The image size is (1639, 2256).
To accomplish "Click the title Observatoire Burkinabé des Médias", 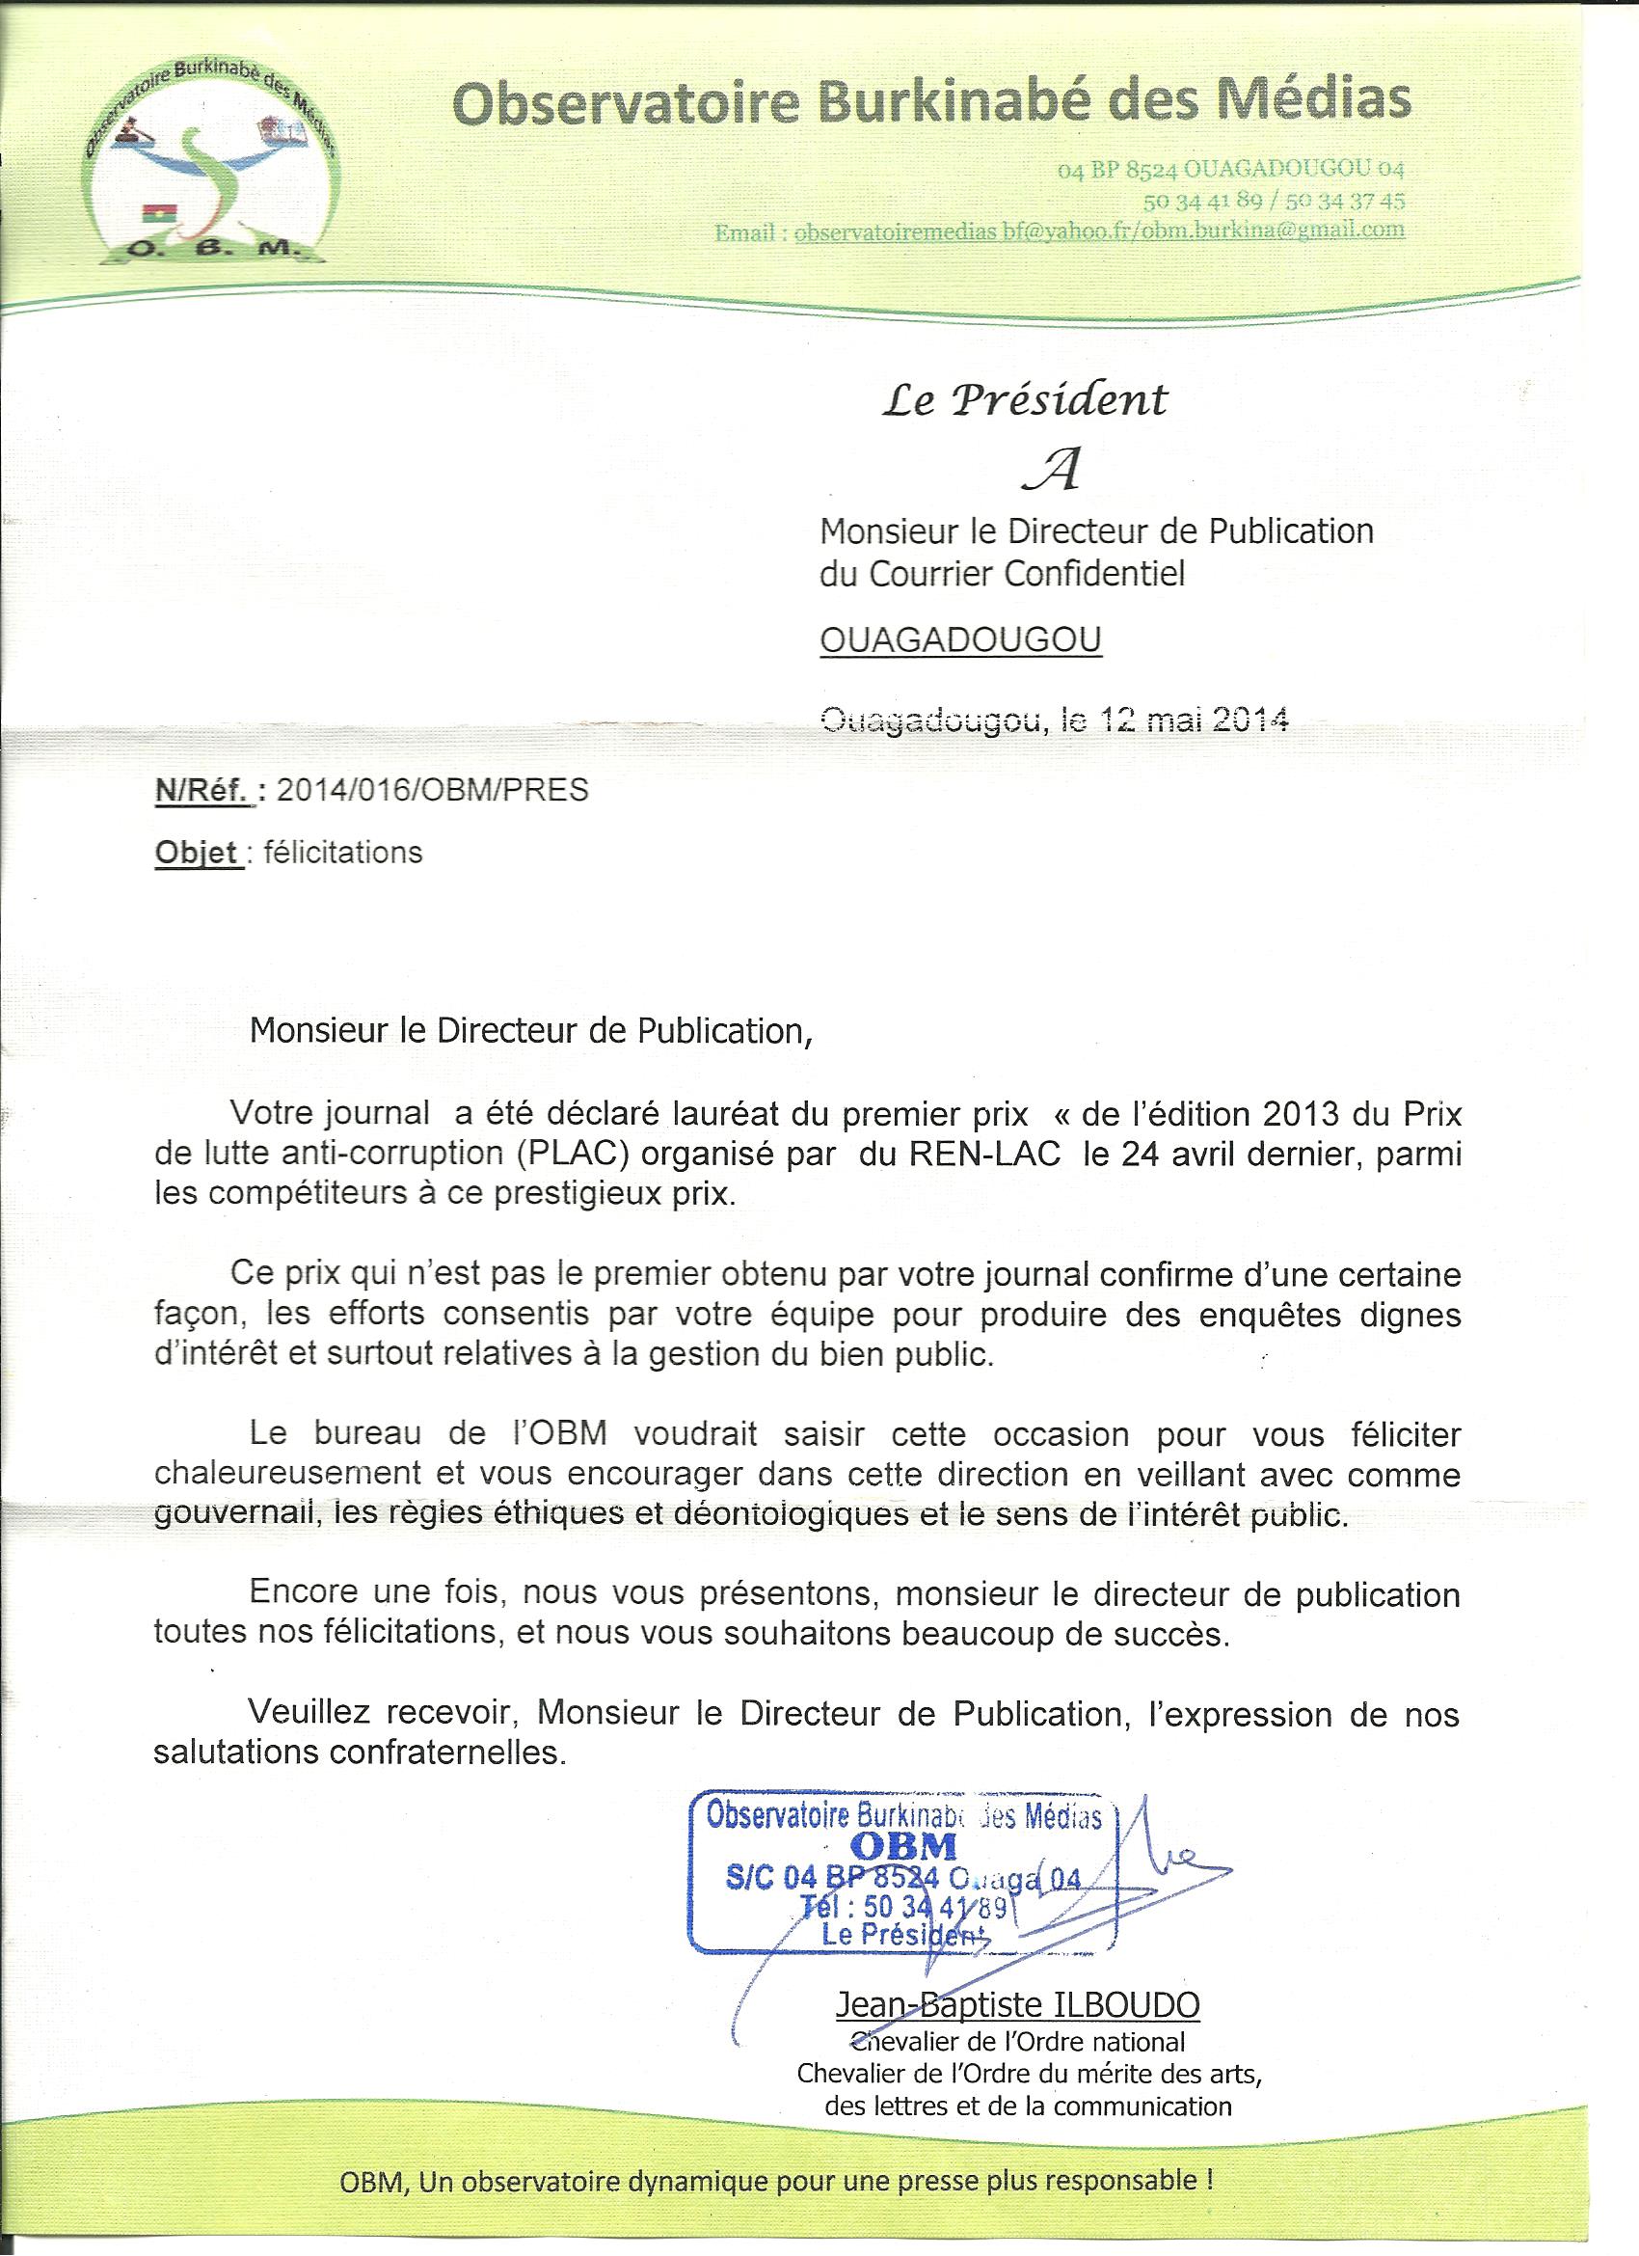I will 931,101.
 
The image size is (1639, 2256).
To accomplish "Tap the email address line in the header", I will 1060,231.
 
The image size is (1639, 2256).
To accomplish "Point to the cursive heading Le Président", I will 1024,400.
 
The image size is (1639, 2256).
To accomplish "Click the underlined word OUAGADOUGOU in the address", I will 959,639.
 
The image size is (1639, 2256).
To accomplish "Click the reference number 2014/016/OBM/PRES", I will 432,790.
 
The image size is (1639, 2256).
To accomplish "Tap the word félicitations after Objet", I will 343,853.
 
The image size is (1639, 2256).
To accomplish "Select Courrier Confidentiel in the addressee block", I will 1027,574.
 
